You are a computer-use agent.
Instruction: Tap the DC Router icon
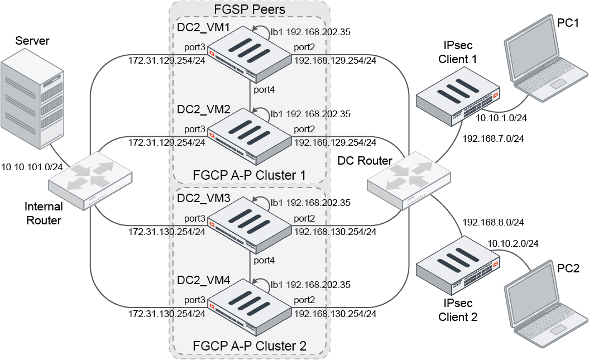[x=408, y=178]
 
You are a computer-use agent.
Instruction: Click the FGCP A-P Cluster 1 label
[x=249, y=175]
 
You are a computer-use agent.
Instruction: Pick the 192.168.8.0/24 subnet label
[x=493, y=222]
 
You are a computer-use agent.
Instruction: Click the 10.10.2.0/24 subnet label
[x=513, y=244]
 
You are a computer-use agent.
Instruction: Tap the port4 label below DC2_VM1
[x=264, y=88]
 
